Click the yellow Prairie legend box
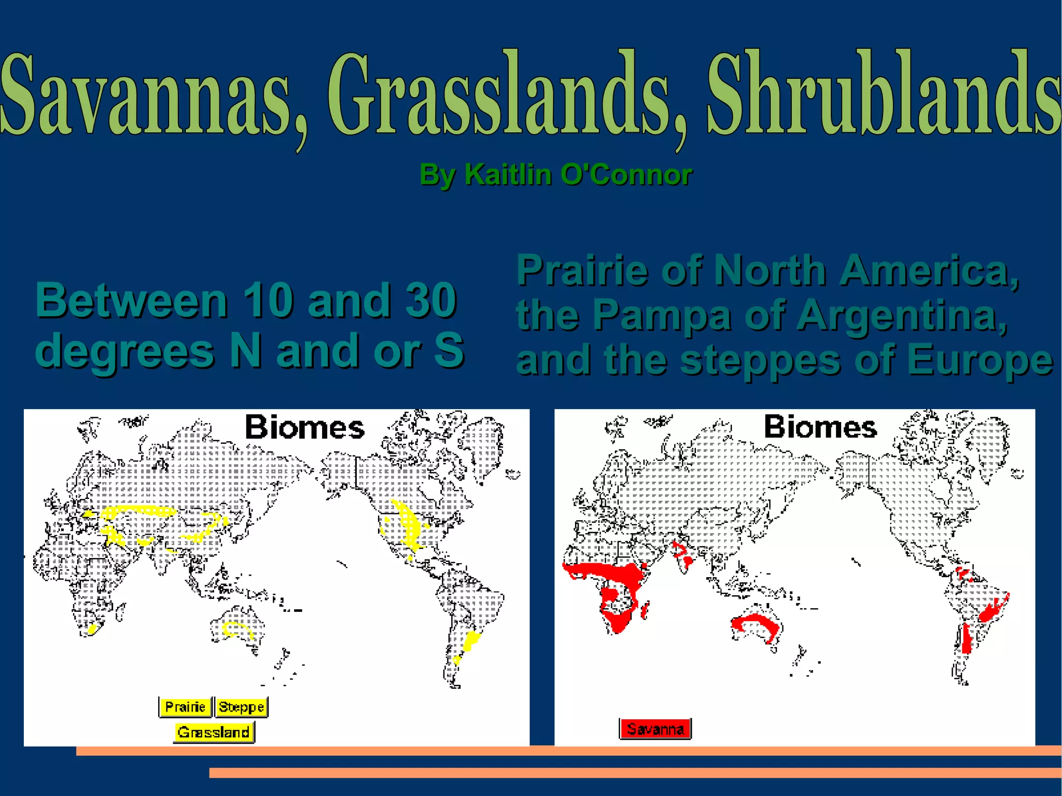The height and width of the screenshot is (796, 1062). (x=185, y=707)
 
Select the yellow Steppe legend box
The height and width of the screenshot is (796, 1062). (x=241, y=707)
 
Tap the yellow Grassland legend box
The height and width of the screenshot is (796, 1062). (x=213, y=732)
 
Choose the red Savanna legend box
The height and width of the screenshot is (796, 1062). (x=655, y=729)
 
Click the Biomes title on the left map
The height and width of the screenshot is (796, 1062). (x=305, y=427)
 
